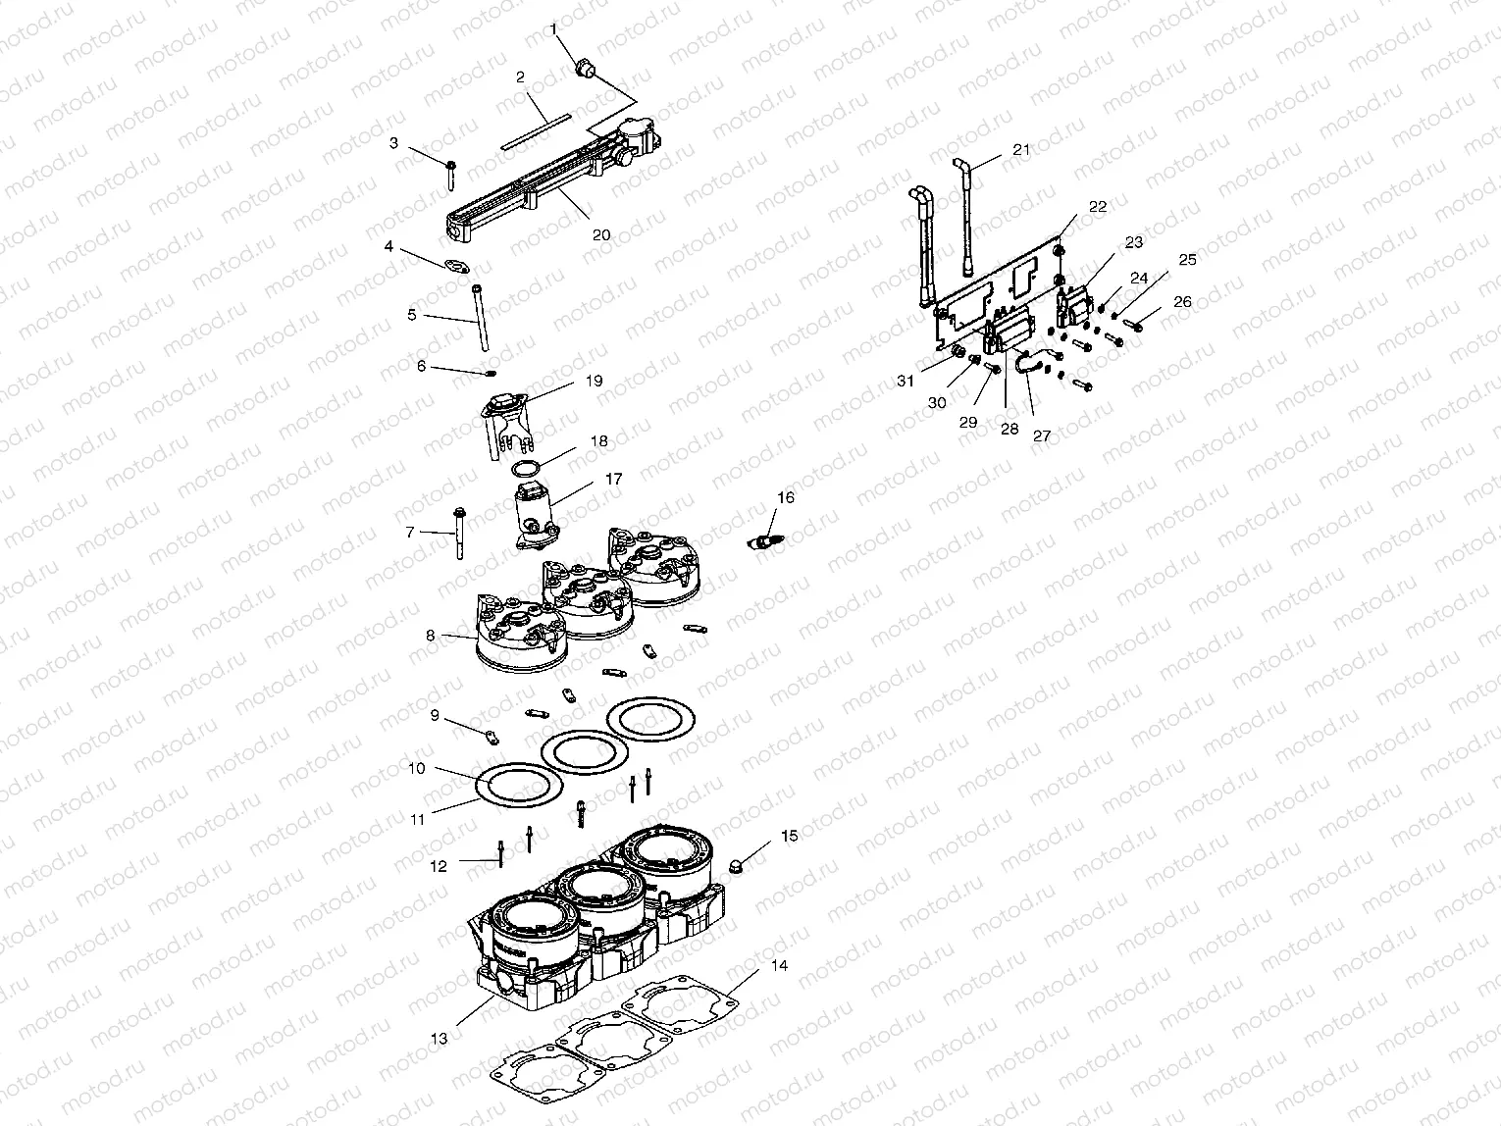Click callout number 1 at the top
tap(553, 30)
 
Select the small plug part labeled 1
tap(586, 69)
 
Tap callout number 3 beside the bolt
tap(394, 143)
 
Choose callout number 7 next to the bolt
tap(410, 532)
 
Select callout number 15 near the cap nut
tap(790, 836)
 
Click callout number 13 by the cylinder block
tap(438, 1039)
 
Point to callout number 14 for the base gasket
tap(779, 966)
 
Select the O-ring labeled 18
tap(526, 466)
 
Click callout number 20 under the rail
tap(601, 234)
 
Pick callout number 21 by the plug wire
tap(1021, 149)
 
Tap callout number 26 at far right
tap(1182, 302)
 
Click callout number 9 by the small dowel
tap(435, 715)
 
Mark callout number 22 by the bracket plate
tap(1098, 207)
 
